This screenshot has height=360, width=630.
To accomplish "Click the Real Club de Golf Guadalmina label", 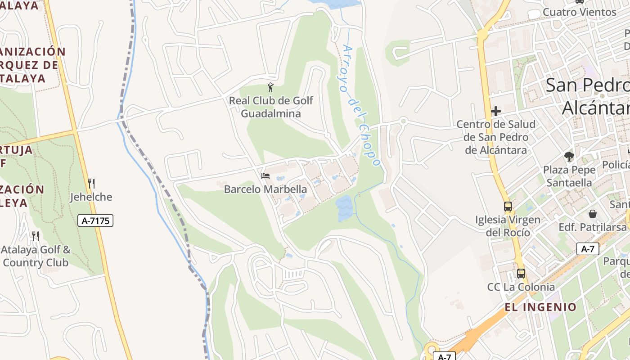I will click(x=271, y=107).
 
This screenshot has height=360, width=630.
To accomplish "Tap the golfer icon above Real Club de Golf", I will click(x=270, y=87).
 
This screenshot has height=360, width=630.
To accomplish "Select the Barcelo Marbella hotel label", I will click(x=265, y=189).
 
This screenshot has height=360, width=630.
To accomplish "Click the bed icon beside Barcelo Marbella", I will click(x=265, y=175).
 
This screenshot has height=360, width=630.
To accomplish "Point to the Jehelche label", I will click(x=91, y=197).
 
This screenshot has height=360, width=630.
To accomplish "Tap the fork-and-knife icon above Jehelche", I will click(x=91, y=184).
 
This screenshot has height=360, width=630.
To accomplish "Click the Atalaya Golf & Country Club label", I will click(x=36, y=256).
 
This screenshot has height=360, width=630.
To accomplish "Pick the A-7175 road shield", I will click(x=95, y=220).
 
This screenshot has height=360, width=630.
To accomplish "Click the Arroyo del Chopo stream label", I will click(x=361, y=104).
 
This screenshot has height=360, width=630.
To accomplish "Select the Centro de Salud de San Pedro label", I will click(x=495, y=137).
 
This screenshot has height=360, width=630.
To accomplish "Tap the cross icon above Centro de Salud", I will click(x=496, y=111).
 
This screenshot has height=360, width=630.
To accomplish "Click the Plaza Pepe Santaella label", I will click(x=569, y=176).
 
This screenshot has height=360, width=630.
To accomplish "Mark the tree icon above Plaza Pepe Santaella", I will click(x=569, y=157).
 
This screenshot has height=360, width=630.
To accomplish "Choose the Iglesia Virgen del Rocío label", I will click(x=508, y=226).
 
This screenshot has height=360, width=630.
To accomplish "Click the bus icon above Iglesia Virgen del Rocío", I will click(x=508, y=207).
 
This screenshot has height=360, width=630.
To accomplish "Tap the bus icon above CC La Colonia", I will click(x=521, y=273).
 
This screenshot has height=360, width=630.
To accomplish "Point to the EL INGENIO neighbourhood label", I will click(x=540, y=307).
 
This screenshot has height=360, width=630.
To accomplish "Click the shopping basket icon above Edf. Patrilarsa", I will click(x=593, y=213).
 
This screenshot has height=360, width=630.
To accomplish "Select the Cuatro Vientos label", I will click(x=579, y=12).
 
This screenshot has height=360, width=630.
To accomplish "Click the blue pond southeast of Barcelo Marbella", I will click(x=344, y=208).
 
